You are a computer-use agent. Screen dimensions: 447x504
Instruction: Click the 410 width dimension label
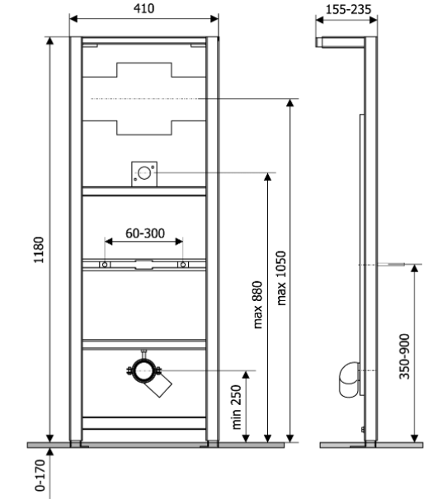(144, 8)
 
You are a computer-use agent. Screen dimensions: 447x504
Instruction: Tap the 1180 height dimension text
(39, 250)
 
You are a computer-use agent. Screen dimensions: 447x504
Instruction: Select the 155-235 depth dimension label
(348, 10)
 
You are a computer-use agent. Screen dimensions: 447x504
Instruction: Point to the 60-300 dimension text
(145, 233)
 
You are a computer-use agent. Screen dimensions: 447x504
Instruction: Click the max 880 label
(257, 304)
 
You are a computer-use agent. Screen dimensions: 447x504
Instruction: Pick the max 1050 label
(281, 278)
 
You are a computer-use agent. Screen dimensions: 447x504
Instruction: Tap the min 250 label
(236, 407)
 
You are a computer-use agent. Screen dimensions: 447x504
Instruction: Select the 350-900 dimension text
(404, 356)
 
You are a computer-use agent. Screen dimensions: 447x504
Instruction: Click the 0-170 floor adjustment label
(40, 475)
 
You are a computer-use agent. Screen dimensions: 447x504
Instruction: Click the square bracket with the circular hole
(144, 174)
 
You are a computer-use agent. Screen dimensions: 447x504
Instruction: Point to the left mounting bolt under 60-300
(105, 265)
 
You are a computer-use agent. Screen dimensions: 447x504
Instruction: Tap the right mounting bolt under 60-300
(183, 265)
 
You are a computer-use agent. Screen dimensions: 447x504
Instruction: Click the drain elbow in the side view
(349, 379)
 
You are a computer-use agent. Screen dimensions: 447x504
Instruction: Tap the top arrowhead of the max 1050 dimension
(289, 102)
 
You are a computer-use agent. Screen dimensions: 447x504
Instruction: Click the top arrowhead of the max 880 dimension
(267, 177)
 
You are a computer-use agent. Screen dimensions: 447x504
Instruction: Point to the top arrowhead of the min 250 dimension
(246, 374)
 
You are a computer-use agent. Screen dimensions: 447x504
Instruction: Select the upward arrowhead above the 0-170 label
(49, 451)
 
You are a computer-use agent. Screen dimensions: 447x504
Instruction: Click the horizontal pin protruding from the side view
(391, 265)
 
